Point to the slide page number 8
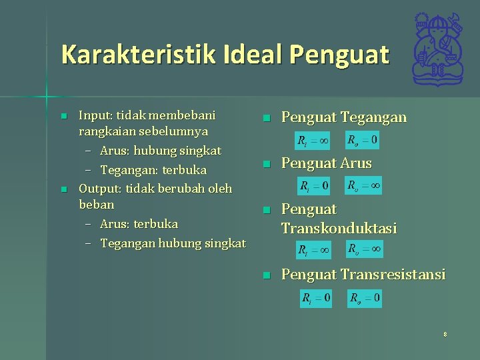click(445, 334)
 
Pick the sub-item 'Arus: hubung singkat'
click(160, 151)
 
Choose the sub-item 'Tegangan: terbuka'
click(153, 170)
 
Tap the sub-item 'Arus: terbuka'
click(139, 223)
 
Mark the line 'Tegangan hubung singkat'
click(173, 243)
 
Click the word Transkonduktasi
click(339, 228)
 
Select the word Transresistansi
click(393, 274)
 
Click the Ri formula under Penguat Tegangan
click(312, 141)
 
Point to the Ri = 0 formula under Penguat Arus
click(315, 186)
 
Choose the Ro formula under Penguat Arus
click(364, 186)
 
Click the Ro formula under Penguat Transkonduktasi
click(365, 249)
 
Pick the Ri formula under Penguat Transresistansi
click(316, 298)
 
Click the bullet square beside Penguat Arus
click(265, 164)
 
